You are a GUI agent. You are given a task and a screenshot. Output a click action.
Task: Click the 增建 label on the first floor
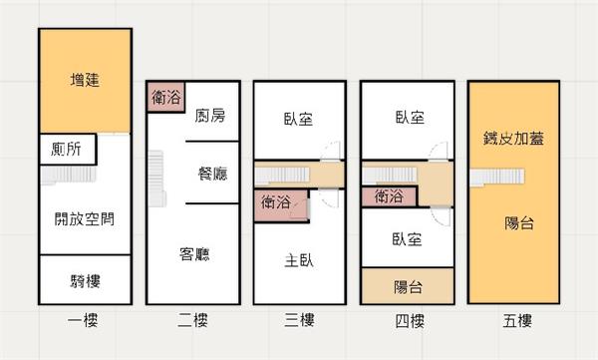coord(85,80)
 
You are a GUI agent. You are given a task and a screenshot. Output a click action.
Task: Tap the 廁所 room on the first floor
coord(68,149)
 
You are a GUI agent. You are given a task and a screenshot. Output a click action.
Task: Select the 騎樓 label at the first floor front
coord(85,281)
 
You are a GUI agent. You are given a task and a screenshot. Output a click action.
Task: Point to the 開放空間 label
coord(85,218)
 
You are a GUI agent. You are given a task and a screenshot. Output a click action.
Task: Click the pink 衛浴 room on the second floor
coord(165,97)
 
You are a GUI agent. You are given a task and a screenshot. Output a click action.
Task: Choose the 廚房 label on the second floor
coord(210,116)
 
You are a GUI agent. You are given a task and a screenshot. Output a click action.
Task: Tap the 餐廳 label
coord(212,174)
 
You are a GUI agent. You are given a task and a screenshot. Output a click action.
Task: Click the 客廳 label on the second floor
coord(194,254)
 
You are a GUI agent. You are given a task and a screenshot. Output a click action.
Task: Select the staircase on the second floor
coord(156,179)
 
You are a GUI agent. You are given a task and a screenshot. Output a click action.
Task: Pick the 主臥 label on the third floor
coord(299,261)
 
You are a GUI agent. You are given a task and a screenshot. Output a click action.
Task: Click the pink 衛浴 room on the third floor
coord(281,205)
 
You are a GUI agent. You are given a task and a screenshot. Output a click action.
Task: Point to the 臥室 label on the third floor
coord(298,119)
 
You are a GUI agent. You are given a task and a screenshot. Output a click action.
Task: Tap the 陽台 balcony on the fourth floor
coord(408,286)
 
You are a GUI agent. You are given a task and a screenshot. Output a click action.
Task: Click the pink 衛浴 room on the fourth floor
coord(389,196)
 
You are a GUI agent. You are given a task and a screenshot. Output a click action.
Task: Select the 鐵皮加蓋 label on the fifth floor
coord(513,139)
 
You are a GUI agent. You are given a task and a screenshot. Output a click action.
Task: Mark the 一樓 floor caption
coord(83,320)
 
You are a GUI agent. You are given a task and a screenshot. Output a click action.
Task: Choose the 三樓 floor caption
coord(299,320)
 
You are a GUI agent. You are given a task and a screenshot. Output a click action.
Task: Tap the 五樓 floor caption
coord(516,321)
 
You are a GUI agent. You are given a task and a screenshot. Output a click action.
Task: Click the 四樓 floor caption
coord(410,321)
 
